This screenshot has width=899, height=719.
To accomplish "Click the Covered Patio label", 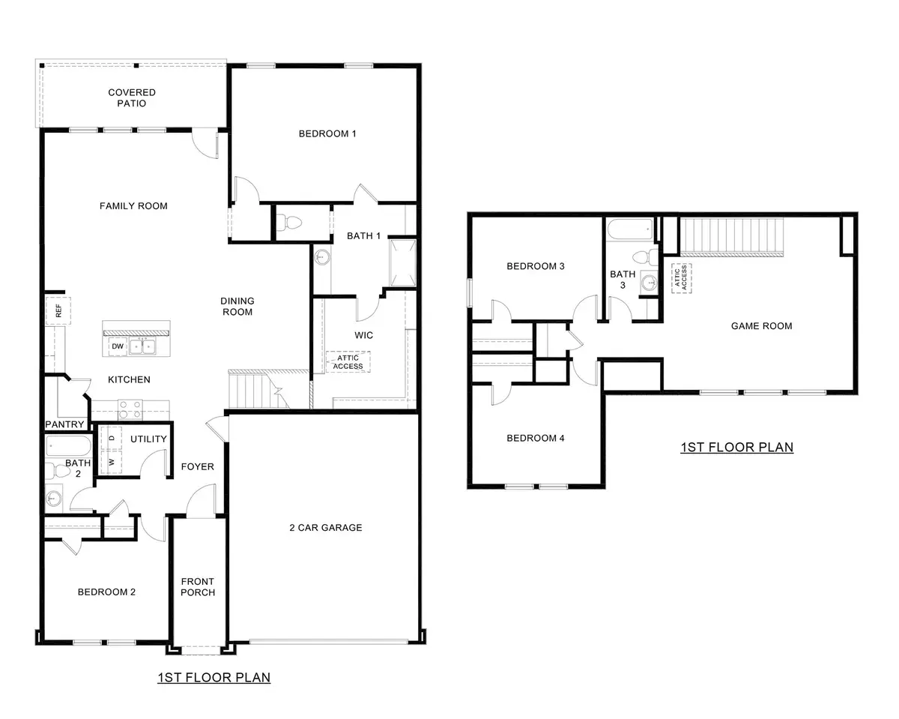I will point(132,97).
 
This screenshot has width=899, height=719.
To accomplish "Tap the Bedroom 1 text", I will point(327,133).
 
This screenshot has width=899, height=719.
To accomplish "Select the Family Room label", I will point(133,205).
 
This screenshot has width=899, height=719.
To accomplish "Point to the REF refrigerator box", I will point(54,310).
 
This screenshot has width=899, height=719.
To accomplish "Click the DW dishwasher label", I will point(117,346).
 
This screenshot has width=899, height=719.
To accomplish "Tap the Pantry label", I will point(64,424).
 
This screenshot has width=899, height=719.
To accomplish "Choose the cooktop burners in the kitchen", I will point(130,409).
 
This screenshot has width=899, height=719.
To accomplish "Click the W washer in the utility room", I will point(112,462).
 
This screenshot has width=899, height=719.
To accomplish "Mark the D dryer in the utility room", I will point(112,437).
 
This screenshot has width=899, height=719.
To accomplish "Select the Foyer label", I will point(198,466).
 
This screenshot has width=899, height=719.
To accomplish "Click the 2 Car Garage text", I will point(325,527).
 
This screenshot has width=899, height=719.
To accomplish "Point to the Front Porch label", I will point(198,586).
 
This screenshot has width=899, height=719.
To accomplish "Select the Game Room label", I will point(761,325).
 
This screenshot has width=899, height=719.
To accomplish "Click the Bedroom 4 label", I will point(535,438).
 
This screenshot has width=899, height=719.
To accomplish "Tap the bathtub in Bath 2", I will point(68,448).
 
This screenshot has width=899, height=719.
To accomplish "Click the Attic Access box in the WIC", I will point(348,361).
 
